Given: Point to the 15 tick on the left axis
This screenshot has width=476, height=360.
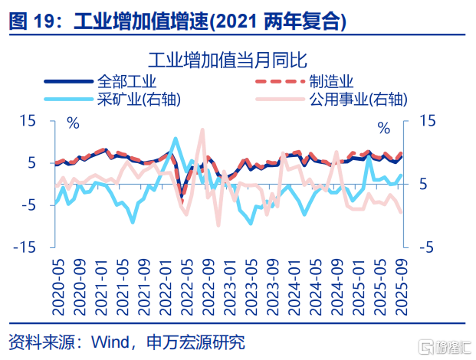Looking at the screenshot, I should click(27, 121).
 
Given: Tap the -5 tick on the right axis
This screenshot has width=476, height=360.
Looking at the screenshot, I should click(427, 247).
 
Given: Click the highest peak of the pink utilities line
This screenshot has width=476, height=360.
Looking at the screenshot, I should click(202, 129).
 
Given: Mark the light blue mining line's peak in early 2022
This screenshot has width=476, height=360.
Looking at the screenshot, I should click(176, 139).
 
